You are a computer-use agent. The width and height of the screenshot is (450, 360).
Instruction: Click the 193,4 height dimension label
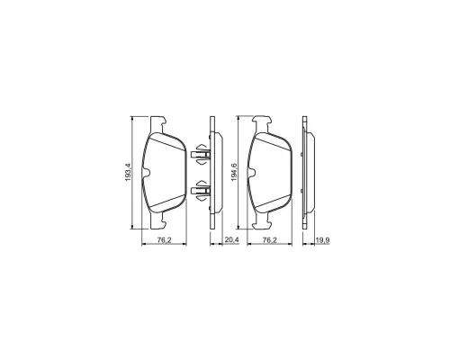tap(128, 172)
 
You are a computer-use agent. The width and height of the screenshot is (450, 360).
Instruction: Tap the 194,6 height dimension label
tap(234, 172)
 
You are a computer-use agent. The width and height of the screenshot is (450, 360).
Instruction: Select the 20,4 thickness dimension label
tap(231, 239)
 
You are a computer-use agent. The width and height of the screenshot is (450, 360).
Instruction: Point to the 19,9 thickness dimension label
tap(323, 239)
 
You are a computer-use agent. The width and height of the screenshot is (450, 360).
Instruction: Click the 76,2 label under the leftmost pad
tap(164, 239)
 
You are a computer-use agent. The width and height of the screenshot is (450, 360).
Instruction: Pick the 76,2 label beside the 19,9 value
tap(269, 239)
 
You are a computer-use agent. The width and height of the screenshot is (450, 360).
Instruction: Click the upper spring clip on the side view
tap(201, 154)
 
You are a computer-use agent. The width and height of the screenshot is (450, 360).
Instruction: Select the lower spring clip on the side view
tap(201, 191)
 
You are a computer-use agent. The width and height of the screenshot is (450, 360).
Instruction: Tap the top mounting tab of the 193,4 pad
tap(157, 124)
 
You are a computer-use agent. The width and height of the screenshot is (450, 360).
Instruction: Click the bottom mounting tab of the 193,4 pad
tap(157, 221)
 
